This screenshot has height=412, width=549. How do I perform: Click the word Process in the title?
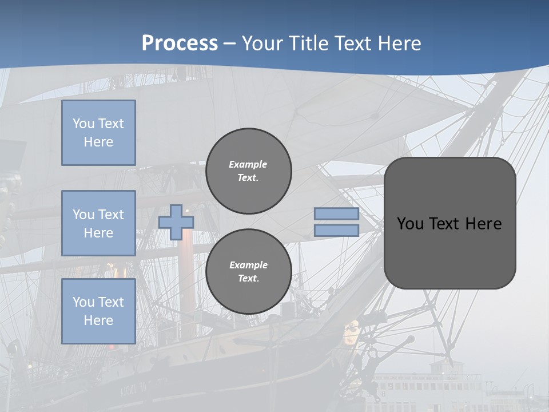click(x=180, y=43)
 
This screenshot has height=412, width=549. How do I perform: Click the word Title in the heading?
click(x=307, y=43)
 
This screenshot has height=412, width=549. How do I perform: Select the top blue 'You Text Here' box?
click(x=98, y=133)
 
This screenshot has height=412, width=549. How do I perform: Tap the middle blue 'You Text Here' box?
click(x=98, y=223)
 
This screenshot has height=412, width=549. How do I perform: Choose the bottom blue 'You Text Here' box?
click(x=98, y=311)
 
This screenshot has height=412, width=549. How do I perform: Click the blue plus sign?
click(x=176, y=223)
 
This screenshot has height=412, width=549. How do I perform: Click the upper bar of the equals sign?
click(x=336, y=214)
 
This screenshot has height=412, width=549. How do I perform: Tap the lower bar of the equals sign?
click(x=336, y=231)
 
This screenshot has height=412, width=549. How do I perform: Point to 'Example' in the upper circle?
click(x=248, y=164)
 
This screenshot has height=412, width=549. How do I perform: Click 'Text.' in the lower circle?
click(x=248, y=279)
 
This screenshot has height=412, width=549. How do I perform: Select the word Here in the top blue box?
click(x=98, y=142)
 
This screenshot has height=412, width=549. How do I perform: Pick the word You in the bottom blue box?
click(x=83, y=302)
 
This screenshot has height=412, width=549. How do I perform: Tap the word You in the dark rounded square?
click(x=410, y=224)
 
